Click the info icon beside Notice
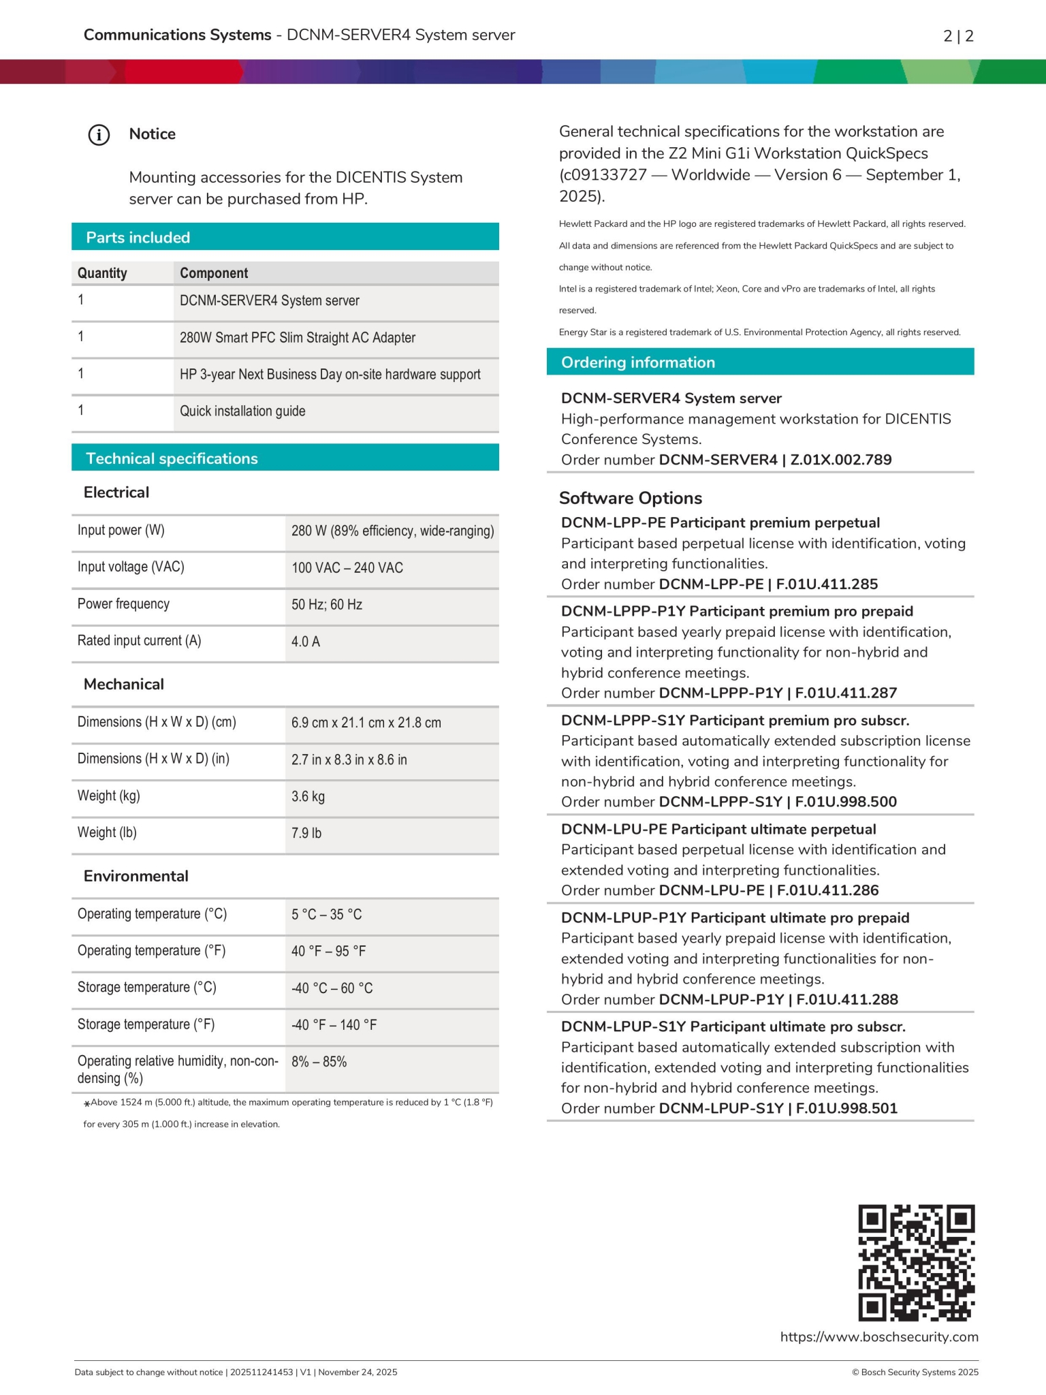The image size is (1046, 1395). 99,135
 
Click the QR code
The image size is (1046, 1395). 916,1262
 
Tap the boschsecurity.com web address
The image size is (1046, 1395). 879,1337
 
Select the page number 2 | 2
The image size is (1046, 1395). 958,36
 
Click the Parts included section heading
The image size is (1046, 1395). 138,238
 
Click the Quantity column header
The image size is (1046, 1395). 102,273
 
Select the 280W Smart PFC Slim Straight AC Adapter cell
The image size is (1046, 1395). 298,338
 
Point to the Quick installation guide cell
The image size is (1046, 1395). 242,411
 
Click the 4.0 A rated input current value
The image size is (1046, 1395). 306,642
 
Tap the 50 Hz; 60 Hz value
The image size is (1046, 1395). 327,605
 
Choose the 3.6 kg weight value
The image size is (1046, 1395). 308,797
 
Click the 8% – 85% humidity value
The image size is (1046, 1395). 319,1062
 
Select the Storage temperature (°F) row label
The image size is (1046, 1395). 146,1024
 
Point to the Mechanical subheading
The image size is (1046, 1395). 124,685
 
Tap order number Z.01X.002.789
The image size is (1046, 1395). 841,460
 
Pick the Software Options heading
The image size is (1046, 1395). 631,498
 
